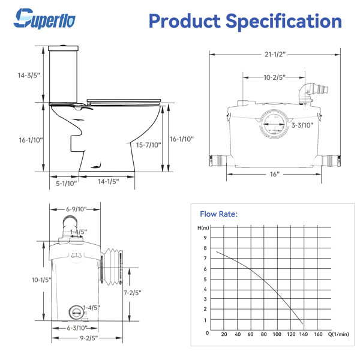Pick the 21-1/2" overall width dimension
(x=275, y=54)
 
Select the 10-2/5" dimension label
(x=275, y=77)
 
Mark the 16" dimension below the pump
(x=275, y=173)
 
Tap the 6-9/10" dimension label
(x=76, y=209)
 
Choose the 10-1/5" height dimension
(x=26, y=280)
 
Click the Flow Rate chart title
(x=218, y=214)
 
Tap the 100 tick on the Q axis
(x=277, y=334)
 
